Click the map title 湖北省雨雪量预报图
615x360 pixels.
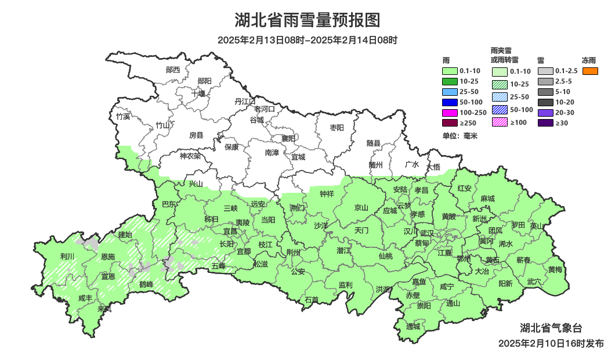point(307,20)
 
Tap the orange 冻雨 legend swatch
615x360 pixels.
point(590,71)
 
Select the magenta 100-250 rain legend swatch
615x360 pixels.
point(450,112)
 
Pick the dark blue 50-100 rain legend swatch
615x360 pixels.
point(450,102)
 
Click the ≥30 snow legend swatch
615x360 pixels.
point(545,123)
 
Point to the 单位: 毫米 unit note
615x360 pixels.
point(460,136)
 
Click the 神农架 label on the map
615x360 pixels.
point(190,156)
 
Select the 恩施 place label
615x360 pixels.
point(108,256)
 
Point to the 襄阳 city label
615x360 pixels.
point(288,138)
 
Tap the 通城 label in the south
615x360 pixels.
point(413,326)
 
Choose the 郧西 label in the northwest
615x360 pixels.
point(173,70)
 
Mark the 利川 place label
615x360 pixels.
point(67,255)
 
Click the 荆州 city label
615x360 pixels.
point(294,252)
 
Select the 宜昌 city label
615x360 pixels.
point(230,231)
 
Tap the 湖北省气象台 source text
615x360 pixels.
point(551,327)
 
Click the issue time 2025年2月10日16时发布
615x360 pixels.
point(551,343)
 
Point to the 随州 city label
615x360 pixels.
point(376,164)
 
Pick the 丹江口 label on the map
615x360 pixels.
point(245,101)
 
